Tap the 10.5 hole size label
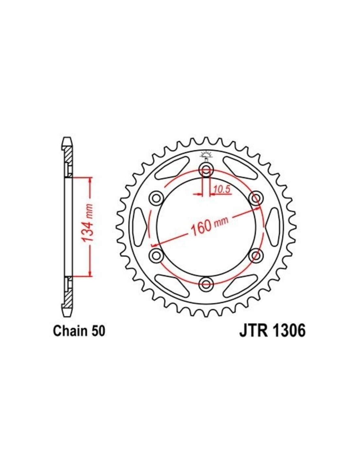pyautogui.click(x=218, y=189)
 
